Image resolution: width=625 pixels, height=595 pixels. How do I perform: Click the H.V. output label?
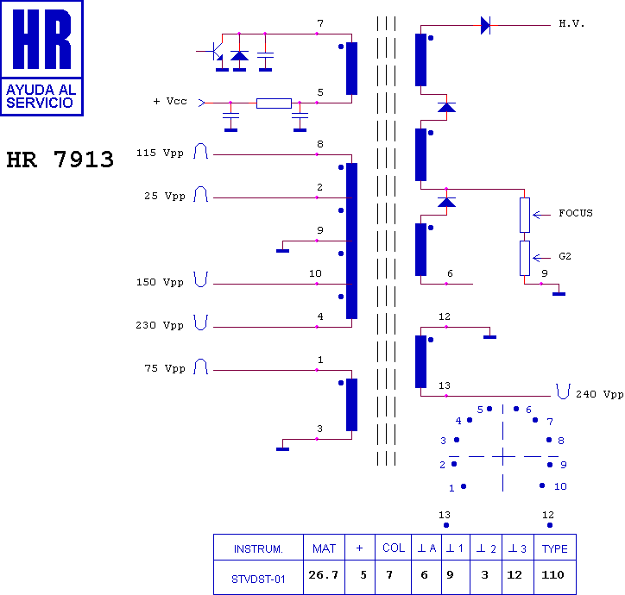[x=571, y=24]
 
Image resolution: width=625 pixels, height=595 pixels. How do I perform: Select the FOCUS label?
[x=576, y=214]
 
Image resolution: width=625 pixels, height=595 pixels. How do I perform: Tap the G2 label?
[x=565, y=256]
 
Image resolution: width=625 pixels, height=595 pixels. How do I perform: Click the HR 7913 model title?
[x=60, y=160]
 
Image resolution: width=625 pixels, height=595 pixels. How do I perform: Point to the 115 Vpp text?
[x=160, y=153]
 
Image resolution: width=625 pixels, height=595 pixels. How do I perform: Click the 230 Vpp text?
[x=160, y=325]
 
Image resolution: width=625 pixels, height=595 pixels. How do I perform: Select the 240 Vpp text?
[x=599, y=394]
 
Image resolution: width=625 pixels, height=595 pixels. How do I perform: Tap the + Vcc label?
[x=170, y=101]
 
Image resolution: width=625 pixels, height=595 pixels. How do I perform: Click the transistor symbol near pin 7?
[x=215, y=52]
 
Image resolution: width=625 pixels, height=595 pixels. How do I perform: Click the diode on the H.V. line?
[x=485, y=26]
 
